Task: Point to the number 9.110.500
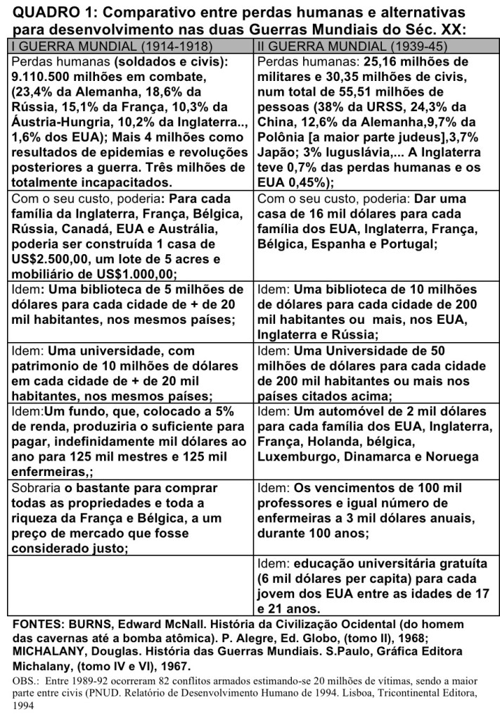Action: point(49,77)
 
